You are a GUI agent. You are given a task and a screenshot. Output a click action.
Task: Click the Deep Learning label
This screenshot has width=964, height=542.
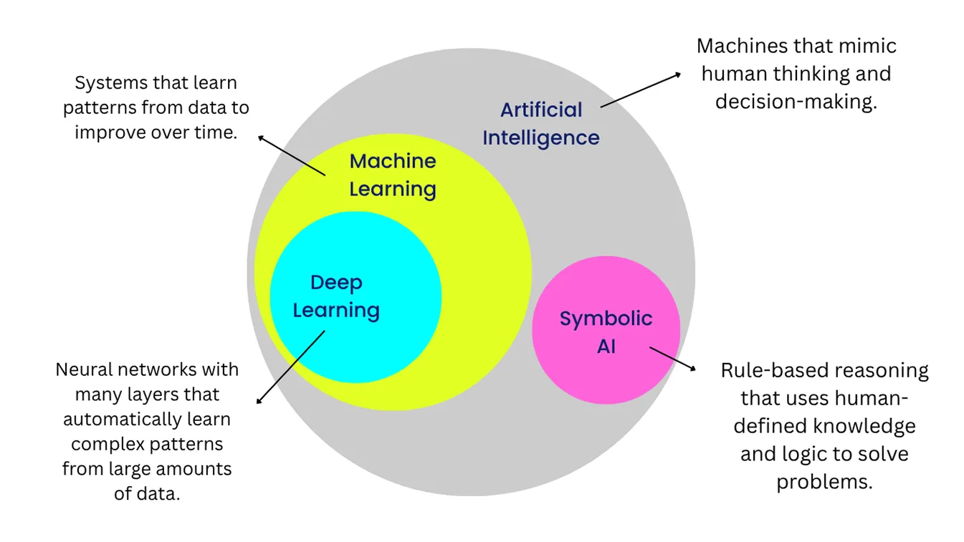[x=336, y=296]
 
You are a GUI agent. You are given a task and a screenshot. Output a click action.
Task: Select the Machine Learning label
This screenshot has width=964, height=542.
[x=392, y=175]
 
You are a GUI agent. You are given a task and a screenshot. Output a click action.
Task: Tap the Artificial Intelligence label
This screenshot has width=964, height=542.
[x=541, y=123]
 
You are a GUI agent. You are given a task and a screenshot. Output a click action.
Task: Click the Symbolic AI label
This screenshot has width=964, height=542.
[x=606, y=332]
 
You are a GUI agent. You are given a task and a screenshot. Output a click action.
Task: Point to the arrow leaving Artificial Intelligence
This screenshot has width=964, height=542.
[x=640, y=89]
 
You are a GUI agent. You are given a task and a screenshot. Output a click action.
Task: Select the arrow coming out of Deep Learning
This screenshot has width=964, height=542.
[x=290, y=367]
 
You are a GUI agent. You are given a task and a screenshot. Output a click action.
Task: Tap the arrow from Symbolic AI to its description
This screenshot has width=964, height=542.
[x=672, y=359]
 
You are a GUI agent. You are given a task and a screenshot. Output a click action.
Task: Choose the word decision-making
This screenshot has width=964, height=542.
[x=796, y=102]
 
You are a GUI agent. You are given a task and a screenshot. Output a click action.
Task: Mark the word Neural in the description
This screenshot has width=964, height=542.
[x=84, y=370]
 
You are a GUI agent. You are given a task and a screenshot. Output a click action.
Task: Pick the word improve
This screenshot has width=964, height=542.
[x=105, y=132]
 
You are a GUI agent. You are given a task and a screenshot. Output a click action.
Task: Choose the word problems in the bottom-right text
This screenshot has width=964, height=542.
[x=824, y=482]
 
